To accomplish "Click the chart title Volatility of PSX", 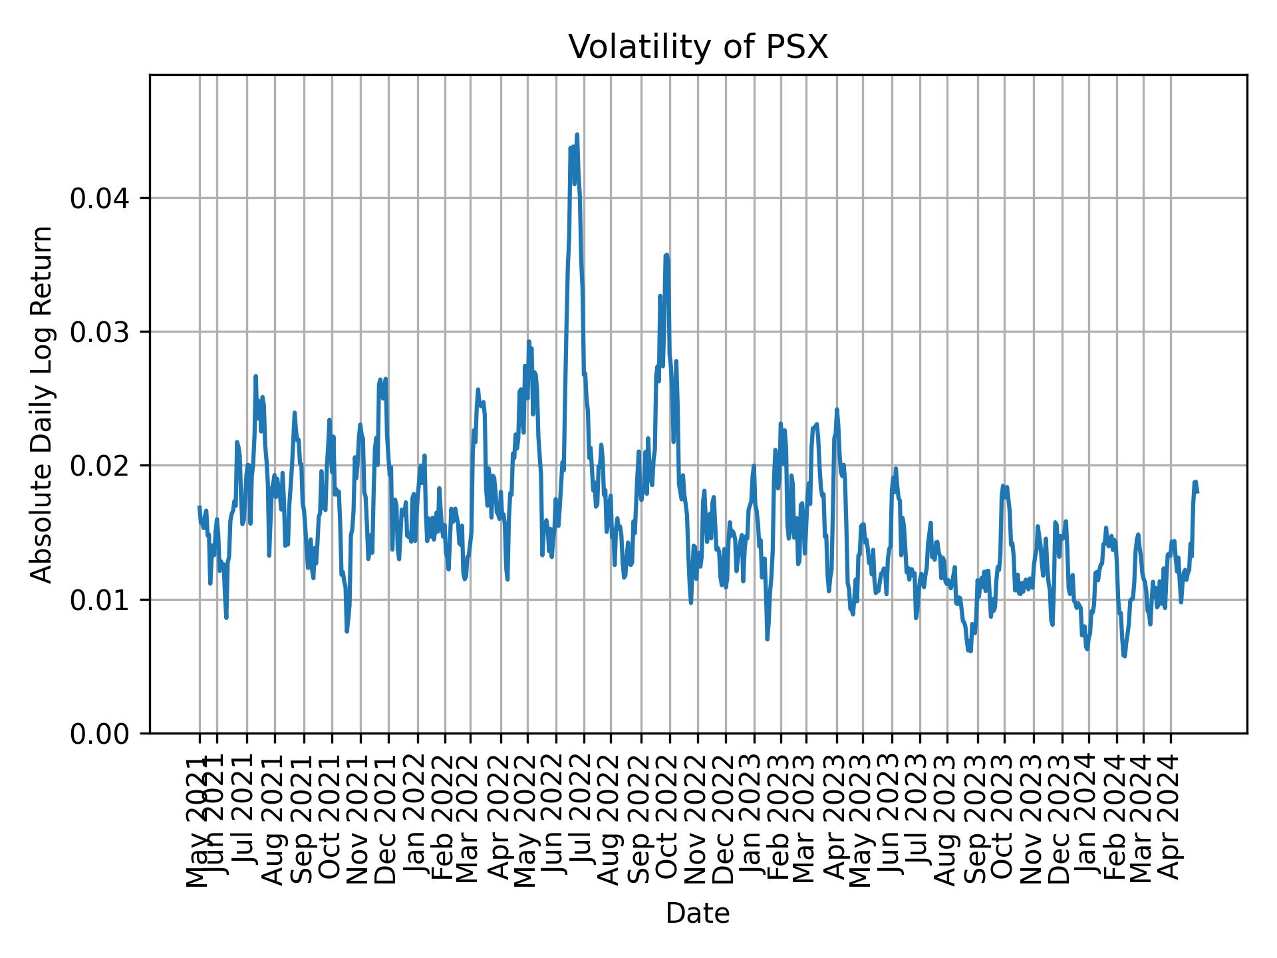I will pos(698,47).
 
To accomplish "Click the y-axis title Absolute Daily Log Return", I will pos(43,404).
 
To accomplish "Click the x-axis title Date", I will pos(698,913).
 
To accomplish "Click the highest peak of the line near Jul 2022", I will pos(577,134).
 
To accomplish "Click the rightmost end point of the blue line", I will pos(1197,492).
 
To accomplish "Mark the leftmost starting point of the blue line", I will pos(200,507).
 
